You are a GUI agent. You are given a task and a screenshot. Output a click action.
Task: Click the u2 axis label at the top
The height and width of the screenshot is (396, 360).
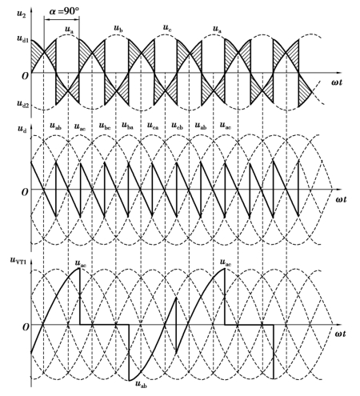pos(22,14)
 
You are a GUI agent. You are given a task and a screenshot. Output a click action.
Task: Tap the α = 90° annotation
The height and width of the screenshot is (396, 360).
pos(64,11)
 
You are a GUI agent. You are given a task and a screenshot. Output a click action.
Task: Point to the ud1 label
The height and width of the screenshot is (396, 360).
pos(22,38)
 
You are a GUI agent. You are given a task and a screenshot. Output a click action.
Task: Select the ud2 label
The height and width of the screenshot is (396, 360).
pos(22,103)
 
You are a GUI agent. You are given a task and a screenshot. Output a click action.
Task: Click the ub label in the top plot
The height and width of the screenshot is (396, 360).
pos(118,28)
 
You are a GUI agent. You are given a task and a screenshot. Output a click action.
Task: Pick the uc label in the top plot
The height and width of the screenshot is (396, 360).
pos(167,28)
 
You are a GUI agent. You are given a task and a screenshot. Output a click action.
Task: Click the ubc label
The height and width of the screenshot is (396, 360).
pos(105,126)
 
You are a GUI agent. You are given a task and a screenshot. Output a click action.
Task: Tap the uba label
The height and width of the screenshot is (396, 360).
pos(127,126)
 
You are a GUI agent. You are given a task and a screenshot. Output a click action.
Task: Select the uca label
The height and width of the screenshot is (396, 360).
pos(153,126)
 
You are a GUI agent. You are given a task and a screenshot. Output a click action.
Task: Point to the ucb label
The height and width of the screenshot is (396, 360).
pos(177,126)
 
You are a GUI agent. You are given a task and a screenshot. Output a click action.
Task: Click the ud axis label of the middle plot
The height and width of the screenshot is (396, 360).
pos(22,129)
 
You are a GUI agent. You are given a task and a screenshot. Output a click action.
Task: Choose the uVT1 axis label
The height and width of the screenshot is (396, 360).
pos(18,260)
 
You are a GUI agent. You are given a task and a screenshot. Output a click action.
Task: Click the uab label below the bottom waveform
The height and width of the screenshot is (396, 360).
pos(141,384)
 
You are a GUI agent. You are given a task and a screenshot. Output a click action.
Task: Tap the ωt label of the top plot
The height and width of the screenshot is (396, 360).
pos(337,82)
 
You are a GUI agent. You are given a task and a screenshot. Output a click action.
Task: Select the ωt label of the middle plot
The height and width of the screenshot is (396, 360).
pos(341,199)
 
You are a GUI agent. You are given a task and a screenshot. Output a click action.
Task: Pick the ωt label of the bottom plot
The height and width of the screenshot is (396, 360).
pos(340,334)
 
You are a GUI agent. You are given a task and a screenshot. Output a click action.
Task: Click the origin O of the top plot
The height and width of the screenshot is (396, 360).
pos(25,76)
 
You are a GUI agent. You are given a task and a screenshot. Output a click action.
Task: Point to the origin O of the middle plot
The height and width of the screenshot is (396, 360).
pos(25,192)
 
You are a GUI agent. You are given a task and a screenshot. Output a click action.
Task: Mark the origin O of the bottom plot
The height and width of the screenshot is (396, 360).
pos(25,327)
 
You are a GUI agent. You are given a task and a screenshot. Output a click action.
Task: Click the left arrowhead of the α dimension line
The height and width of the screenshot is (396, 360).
pos(46,19)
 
